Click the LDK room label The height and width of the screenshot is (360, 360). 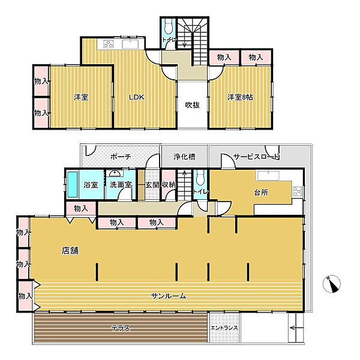[x=137, y=97]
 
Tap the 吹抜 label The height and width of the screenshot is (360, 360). [x=193, y=105]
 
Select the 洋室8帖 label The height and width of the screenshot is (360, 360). [x=240, y=97]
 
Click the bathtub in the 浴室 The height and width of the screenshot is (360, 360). [x=73, y=185]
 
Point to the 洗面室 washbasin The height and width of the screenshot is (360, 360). [x=115, y=173]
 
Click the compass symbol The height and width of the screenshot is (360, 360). [x=332, y=284]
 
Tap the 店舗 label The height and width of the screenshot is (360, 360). [x=70, y=250]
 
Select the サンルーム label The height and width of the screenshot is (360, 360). [x=169, y=296]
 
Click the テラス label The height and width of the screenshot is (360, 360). [x=121, y=328]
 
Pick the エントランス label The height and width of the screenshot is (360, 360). [x=224, y=328]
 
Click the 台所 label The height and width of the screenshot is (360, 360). [x=261, y=193]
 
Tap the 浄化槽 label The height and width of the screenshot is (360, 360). [x=184, y=157]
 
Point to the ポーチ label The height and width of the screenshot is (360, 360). [x=121, y=157]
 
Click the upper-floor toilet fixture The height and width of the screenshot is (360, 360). [x=169, y=26]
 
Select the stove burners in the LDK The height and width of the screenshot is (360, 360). [x=109, y=44]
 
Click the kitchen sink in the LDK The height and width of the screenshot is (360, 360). [x=130, y=44]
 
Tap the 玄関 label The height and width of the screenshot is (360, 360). [x=152, y=185]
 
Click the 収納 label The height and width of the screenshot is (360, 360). [x=169, y=185]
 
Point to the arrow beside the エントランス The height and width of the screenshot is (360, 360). [x=296, y=328]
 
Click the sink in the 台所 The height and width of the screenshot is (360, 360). [x=268, y=176]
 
